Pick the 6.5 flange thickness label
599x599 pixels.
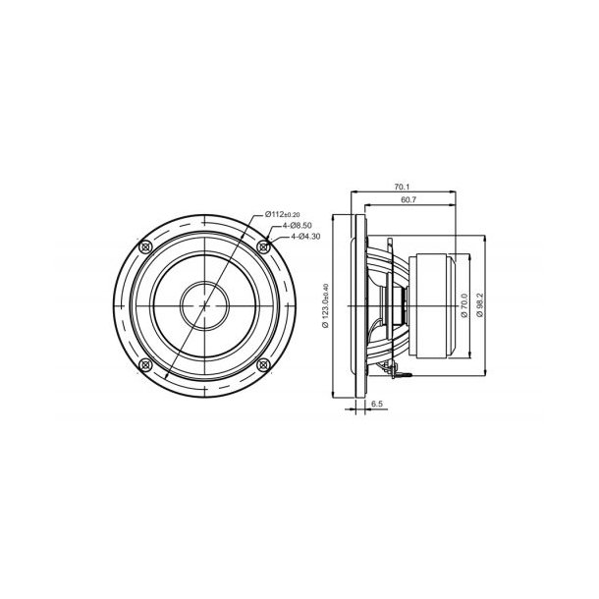(x=377, y=404)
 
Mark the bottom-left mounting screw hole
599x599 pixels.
(x=146, y=364)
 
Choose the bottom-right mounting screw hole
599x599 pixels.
(x=262, y=364)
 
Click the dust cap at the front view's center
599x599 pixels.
(x=204, y=304)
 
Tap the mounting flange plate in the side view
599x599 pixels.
(x=357, y=304)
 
